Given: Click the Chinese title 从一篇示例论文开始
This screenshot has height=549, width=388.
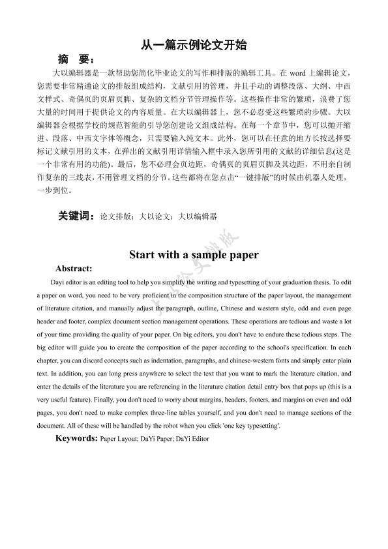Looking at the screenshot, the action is point(194,46).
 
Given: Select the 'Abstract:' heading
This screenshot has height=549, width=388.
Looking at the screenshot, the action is point(74,268).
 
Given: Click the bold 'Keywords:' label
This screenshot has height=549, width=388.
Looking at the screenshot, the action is point(76,439).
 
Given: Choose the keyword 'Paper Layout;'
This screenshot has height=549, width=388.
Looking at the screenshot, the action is point(119,439).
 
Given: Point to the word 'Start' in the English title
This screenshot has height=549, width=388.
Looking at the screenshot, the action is point(143,255).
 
